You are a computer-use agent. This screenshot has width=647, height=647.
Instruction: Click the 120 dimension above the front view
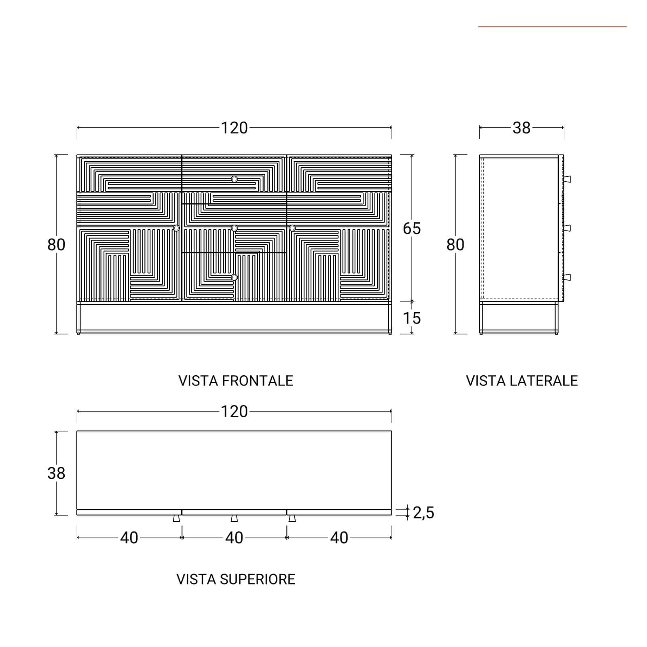(234, 128)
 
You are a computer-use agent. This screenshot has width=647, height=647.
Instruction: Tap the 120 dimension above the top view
(234, 412)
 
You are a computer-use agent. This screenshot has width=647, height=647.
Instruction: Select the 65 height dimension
(412, 228)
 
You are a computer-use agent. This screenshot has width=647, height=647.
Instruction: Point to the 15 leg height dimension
(412, 318)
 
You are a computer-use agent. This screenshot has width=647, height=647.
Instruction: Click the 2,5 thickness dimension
(423, 513)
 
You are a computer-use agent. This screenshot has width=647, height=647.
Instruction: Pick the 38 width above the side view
(521, 128)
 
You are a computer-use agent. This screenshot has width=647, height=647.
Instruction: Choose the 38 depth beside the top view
(56, 473)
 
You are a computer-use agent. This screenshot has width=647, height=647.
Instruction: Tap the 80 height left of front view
(56, 245)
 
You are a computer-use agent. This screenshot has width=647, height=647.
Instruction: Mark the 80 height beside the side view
(455, 245)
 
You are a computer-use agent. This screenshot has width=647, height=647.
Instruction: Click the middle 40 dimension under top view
(234, 538)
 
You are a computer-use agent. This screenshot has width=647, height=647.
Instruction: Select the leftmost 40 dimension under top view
(129, 538)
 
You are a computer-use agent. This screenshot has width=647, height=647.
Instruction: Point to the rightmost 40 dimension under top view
(339, 538)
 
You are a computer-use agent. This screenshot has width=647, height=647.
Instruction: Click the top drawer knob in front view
(234, 179)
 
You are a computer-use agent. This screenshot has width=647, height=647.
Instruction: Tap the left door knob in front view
(176, 228)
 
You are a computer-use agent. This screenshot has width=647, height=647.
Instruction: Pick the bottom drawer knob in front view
(234, 277)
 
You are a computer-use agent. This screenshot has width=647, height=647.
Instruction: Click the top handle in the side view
(567, 179)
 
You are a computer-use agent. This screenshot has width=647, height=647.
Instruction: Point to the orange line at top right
(552, 27)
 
